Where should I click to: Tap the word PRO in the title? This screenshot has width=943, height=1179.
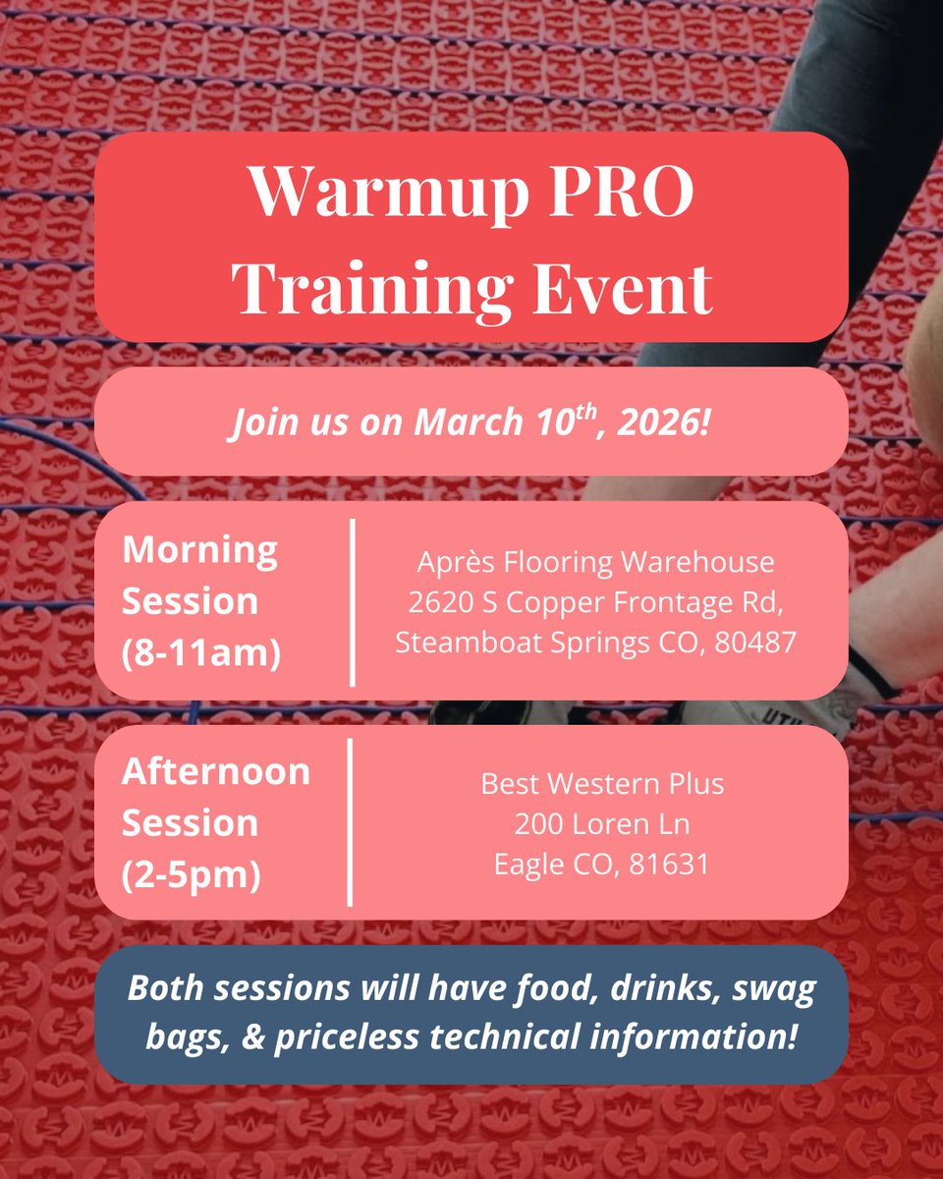pyautogui.click(x=631, y=194)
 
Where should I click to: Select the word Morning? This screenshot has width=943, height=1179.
pyautogui.click(x=199, y=549)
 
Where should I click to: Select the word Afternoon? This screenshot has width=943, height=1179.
pyautogui.click(x=215, y=771)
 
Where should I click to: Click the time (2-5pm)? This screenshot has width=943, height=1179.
pyautogui.click(x=191, y=873)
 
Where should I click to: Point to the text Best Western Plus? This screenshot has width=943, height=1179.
pyautogui.click(x=601, y=784)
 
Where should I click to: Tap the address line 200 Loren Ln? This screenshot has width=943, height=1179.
pyautogui.click(x=601, y=824)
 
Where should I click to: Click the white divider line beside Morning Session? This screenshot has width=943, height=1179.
pyautogui.click(x=352, y=602)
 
